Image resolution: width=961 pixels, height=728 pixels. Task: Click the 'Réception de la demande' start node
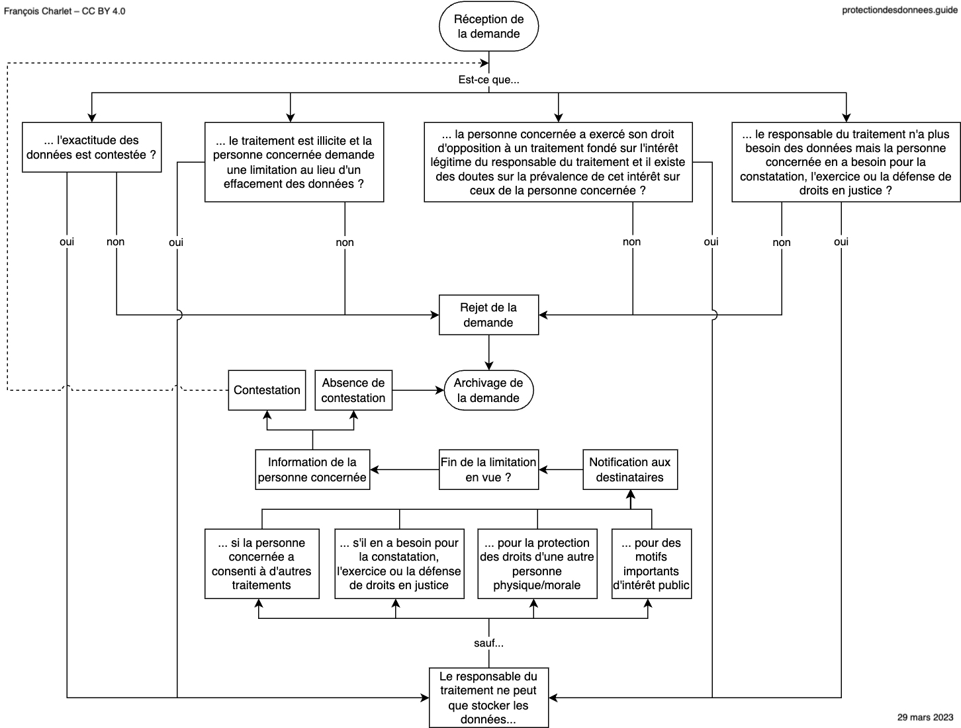click(488, 26)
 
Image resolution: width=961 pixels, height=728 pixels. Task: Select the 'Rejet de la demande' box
click(488, 315)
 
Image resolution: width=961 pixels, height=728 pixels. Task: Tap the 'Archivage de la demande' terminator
click(488, 390)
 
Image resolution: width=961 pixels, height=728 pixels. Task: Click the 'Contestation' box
click(267, 390)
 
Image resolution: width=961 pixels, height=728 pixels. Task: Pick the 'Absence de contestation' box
click(353, 390)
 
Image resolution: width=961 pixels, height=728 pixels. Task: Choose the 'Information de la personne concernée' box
click(312, 469)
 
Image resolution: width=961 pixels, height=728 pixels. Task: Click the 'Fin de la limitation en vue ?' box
click(488, 469)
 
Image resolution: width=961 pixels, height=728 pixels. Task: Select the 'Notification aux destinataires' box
click(630, 469)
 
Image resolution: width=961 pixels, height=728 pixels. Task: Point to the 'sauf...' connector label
click(488, 643)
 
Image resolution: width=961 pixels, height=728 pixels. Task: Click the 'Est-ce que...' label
click(488, 79)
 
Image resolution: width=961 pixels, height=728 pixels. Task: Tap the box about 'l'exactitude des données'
click(91, 147)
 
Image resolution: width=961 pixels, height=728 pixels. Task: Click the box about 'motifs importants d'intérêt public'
click(651, 563)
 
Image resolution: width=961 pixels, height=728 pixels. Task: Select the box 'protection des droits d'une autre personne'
click(537, 563)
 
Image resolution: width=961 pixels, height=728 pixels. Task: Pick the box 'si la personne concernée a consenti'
click(262, 563)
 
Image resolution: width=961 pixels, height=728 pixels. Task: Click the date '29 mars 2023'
click(925, 717)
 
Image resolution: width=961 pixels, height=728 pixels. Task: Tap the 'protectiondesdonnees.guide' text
click(899, 10)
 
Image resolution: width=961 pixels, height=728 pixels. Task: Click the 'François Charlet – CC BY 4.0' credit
click(64, 11)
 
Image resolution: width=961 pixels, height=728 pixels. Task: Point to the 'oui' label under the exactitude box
click(67, 242)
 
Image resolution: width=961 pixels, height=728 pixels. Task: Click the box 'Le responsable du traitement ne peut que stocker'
click(488, 698)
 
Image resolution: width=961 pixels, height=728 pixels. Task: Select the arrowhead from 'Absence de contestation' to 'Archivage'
click(439, 390)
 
